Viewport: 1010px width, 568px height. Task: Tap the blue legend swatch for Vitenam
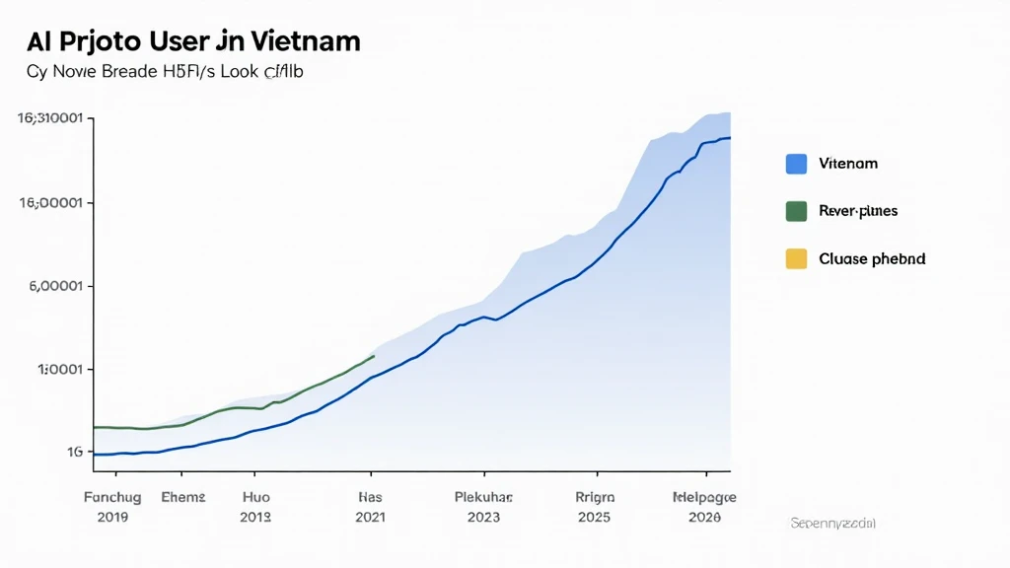796,164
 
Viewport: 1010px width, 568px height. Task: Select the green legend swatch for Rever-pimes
796,211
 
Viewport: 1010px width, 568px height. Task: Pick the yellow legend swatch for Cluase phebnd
796,259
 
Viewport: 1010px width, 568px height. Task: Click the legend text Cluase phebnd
872,259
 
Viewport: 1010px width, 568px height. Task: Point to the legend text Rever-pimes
858,211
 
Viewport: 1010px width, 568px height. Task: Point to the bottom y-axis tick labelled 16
74,453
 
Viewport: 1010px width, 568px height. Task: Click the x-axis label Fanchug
112,498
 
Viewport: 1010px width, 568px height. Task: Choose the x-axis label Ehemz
183,498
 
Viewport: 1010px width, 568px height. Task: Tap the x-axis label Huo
255,498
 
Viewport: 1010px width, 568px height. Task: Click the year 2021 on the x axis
370,517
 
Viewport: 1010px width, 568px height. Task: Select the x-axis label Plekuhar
483,498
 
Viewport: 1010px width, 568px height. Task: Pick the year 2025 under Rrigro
596,517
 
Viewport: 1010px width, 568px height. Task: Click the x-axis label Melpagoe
703,498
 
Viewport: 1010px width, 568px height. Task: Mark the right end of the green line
374,356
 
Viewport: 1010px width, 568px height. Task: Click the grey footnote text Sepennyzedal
832,522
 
